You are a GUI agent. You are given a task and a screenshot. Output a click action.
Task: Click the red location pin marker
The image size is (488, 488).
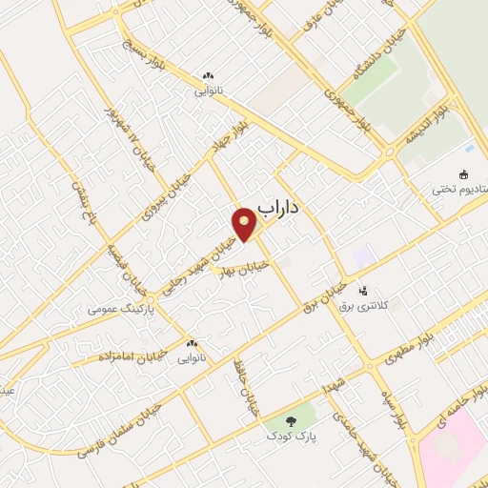[x=245, y=225]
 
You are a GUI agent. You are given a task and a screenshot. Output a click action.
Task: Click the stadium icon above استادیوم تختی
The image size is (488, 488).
[x=464, y=174]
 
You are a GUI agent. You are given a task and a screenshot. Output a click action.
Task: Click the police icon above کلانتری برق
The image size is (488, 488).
[x=362, y=290]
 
